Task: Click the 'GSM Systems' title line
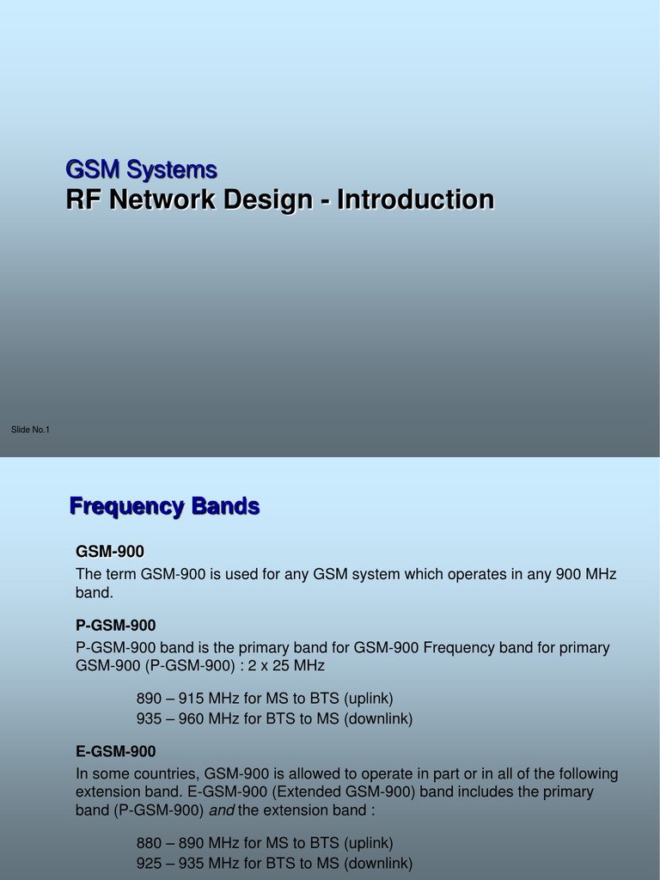click(142, 169)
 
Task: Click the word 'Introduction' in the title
click(415, 199)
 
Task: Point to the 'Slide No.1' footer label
click(30, 430)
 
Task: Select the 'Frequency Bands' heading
click(164, 507)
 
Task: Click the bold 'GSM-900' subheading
click(110, 551)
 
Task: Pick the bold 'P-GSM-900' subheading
click(116, 625)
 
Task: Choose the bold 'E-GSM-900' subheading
click(116, 752)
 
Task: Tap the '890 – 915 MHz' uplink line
click(265, 699)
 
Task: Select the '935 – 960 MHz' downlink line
click(274, 718)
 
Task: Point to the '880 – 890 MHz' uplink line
click(265, 843)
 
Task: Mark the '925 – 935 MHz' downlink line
click(274, 863)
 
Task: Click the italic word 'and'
click(222, 810)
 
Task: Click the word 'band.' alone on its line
click(95, 593)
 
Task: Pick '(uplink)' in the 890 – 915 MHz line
click(369, 699)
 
